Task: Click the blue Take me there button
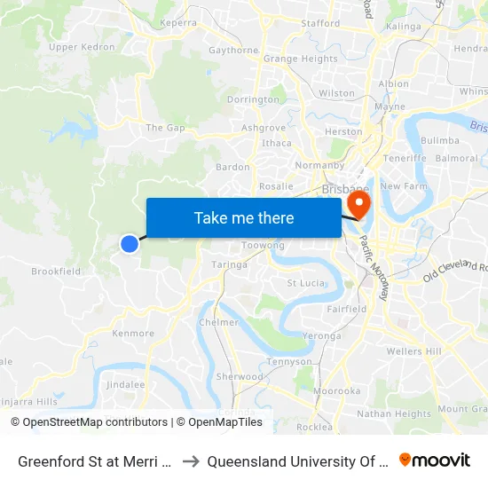[243, 217]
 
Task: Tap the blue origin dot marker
[130, 243]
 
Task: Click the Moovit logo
[435, 460]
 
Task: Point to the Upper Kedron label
[82, 47]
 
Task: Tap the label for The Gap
[166, 128]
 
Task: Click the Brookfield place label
[56, 272]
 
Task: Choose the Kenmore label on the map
[133, 334]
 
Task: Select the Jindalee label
[125, 384]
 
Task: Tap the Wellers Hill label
[413, 351]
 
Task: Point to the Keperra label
[177, 23]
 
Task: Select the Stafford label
[320, 23]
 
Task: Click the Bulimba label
[440, 140]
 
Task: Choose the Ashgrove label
[264, 128]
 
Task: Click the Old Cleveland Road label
[455, 270]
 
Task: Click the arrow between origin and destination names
[190, 460]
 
